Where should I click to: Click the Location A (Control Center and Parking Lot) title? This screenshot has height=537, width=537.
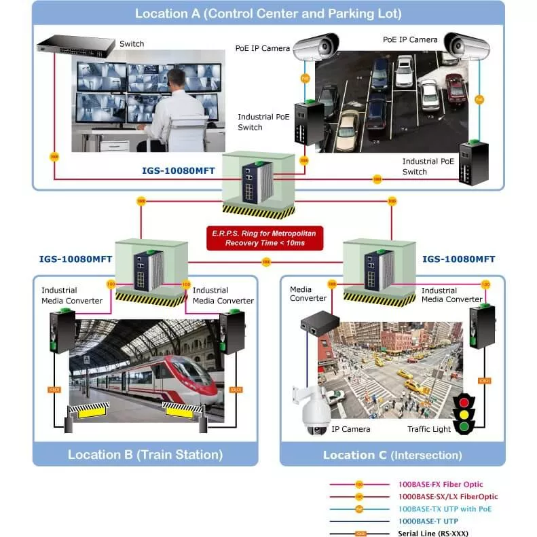[x=268, y=14]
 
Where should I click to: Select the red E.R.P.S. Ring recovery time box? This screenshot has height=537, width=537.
[x=265, y=237]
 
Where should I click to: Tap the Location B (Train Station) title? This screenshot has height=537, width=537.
[x=145, y=454]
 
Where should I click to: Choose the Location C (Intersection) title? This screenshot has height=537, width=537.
[x=392, y=454]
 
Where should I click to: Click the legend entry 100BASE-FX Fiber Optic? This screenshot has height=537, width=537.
[x=441, y=485]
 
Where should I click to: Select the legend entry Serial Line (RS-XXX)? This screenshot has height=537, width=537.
[x=433, y=533]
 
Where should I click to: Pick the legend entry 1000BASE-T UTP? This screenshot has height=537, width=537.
[x=428, y=521]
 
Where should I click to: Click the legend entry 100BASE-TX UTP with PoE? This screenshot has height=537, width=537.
[x=445, y=508]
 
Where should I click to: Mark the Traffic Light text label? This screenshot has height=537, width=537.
[x=428, y=429]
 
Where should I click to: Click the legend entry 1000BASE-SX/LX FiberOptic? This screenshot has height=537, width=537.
[x=448, y=497]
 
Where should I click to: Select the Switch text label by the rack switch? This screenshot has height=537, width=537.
[x=132, y=44]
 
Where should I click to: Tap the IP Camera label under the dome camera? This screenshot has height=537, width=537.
[x=351, y=429]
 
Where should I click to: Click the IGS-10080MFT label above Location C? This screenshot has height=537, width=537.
[x=459, y=259]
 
